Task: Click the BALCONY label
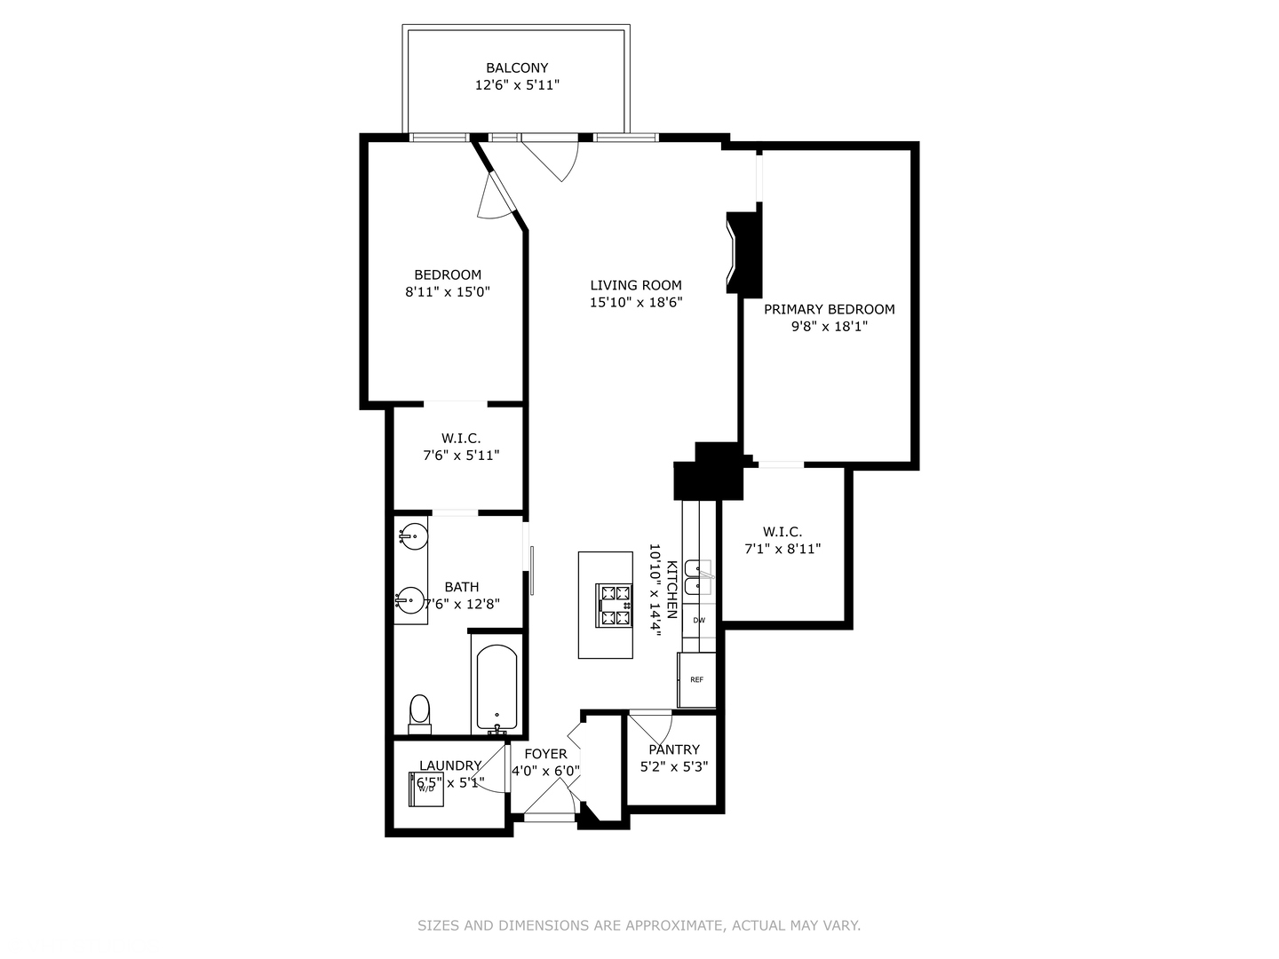click(517, 67)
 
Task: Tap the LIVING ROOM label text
click(636, 285)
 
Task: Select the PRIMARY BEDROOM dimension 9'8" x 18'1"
click(829, 326)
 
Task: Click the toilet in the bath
click(419, 713)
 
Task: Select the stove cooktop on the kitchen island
click(614, 606)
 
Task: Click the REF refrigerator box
click(696, 680)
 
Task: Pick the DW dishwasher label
click(699, 621)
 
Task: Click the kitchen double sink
click(703, 577)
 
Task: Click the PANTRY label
click(674, 749)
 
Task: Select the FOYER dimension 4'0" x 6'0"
click(545, 771)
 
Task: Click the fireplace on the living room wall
click(744, 254)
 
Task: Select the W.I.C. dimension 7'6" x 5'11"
click(461, 456)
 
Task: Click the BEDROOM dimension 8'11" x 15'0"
click(448, 291)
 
